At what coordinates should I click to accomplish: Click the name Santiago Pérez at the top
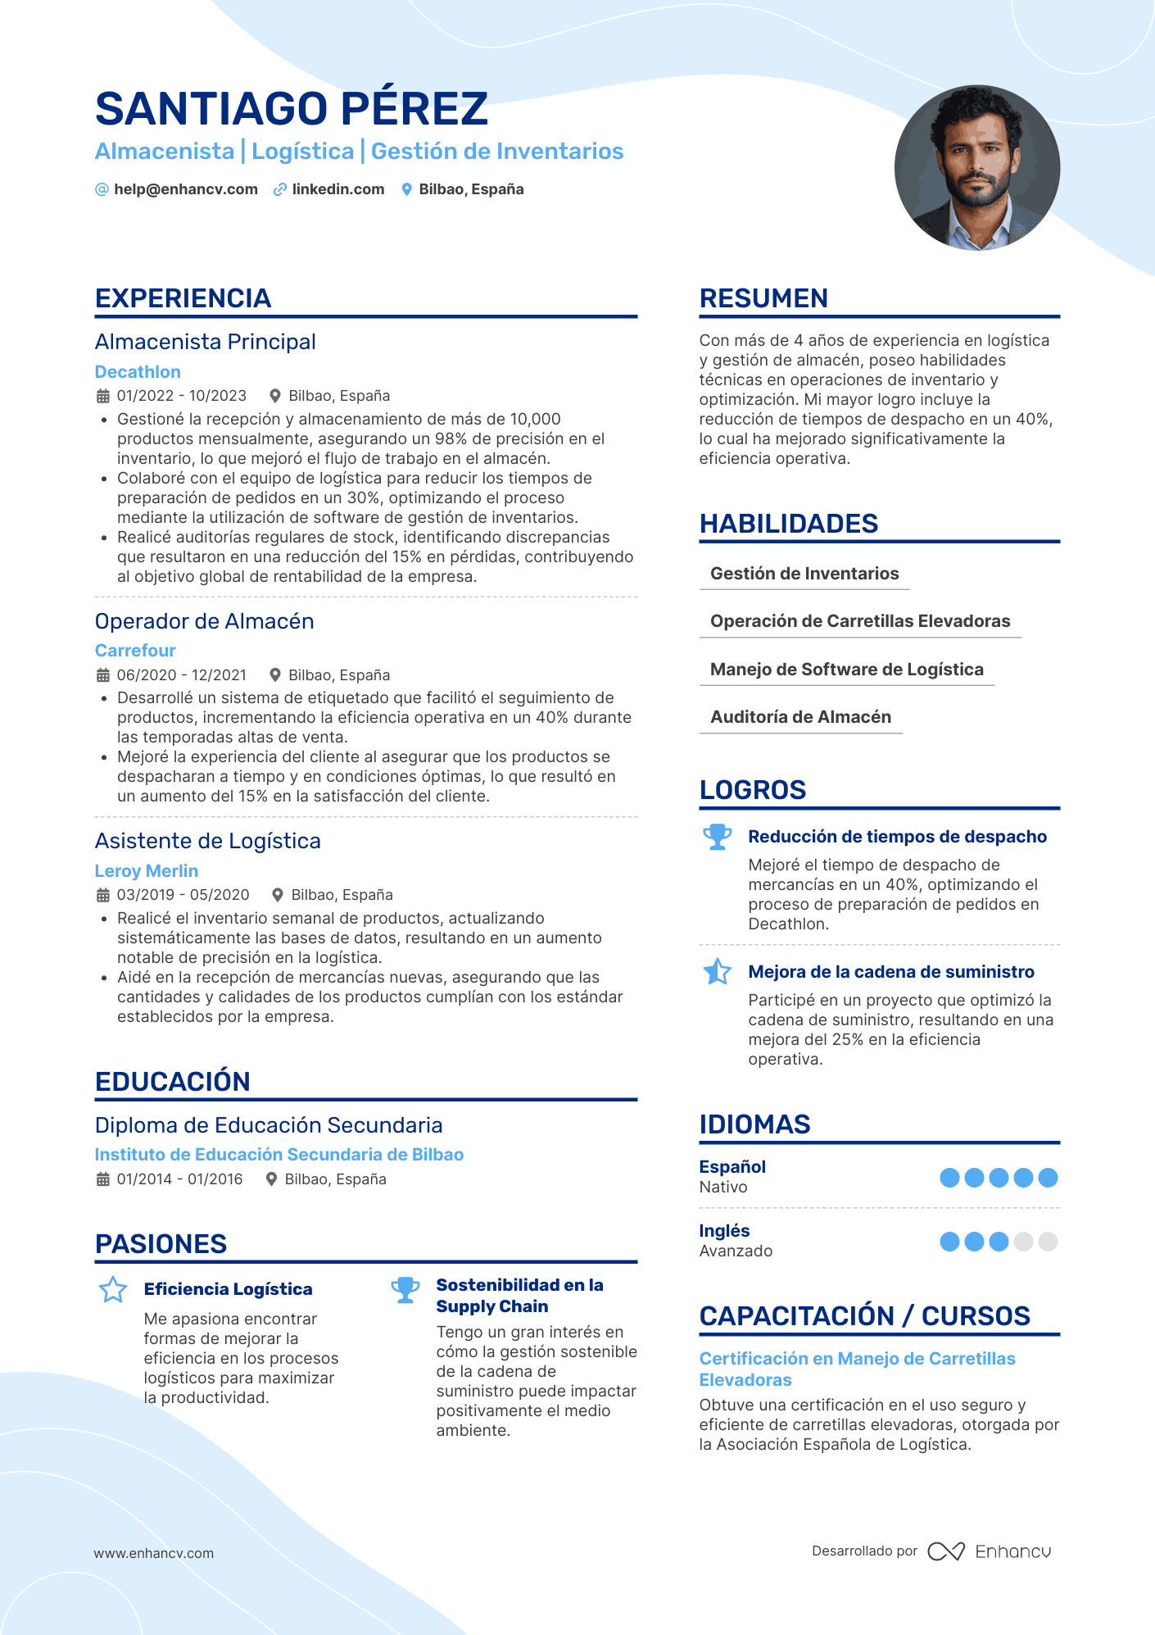[x=292, y=108]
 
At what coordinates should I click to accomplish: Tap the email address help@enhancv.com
[x=185, y=189]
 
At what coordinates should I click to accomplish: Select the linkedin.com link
[x=337, y=189]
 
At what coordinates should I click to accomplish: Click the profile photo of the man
[x=976, y=168]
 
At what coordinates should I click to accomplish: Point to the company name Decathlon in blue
[x=138, y=372]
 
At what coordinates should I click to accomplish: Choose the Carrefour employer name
[x=135, y=651]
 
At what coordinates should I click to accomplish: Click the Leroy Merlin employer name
[x=147, y=871]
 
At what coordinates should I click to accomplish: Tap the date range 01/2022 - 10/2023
[x=181, y=396]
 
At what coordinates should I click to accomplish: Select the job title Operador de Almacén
[x=204, y=621]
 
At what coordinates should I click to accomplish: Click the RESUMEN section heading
[x=763, y=298]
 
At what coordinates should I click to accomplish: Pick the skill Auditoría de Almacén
[x=800, y=717]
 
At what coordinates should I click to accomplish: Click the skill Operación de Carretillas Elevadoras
[x=860, y=621]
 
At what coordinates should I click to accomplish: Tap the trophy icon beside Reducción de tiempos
[x=718, y=837]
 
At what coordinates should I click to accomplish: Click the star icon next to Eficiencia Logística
[x=113, y=1289]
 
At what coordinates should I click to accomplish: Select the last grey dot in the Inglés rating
[x=1048, y=1242]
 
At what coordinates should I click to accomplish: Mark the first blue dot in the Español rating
[x=949, y=1178]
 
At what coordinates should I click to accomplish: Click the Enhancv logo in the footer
[x=990, y=1551]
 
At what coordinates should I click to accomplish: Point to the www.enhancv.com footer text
[x=154, y=1553]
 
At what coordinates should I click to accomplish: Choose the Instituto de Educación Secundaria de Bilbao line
[x=279, y=1155]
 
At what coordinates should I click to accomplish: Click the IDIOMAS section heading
[x=754, y=1124]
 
